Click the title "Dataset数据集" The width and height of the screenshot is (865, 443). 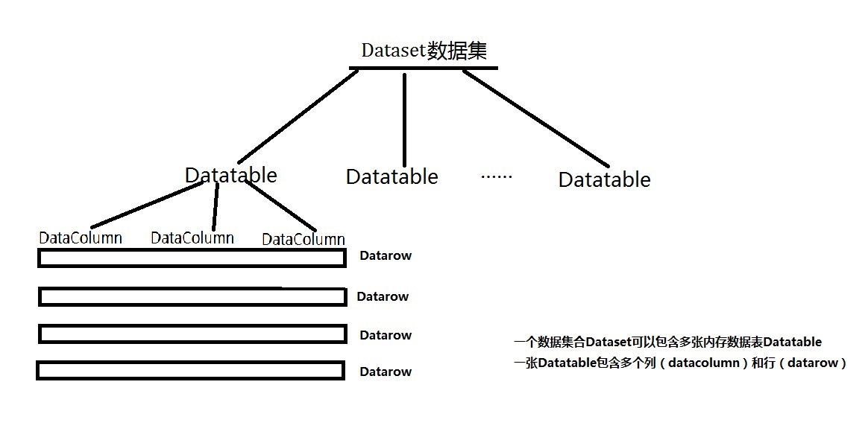[x=424, y=50]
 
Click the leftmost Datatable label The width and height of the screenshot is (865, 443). [x=230, y=175]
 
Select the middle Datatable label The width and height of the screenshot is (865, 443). [x=391, y=177]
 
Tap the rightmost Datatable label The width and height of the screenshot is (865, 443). [x=604, y=179]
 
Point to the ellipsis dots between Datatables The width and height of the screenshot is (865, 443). [x=497, y=177]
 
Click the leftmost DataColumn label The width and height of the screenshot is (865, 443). [x=81, y=238]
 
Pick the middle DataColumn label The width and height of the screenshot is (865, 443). [x=192, y=238]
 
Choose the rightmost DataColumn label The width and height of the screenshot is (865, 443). [x=303, y=239]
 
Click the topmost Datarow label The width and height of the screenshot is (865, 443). [x=385, y=255]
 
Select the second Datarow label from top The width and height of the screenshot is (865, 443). [x=383, y=296]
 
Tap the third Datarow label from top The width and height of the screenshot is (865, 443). [x=385, y=335]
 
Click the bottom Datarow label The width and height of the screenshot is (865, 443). [x=385, y=372]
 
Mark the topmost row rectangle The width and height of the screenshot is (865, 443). [x=192, y=258]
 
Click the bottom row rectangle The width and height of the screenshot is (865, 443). [x=190, y=370]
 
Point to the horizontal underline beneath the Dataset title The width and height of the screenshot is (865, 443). [x=423, y=68]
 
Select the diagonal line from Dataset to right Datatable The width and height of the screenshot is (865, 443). [x=535, y=118]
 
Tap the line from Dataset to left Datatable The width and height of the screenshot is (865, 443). [x=297, y=117]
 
